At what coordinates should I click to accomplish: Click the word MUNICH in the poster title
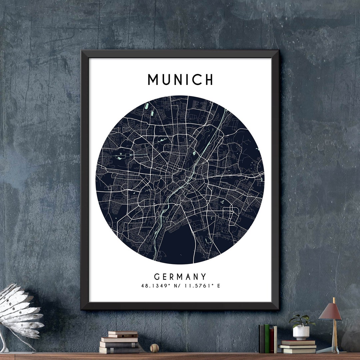180,80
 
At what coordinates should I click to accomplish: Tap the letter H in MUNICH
208,80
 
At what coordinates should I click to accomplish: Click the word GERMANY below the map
180,277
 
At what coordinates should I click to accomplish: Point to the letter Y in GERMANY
203,277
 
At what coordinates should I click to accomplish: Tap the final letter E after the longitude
219,286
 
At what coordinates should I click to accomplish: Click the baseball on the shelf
154,348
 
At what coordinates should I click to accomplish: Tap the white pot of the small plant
301,333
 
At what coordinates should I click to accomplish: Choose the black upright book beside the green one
262,339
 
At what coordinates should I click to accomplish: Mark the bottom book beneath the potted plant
297,350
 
